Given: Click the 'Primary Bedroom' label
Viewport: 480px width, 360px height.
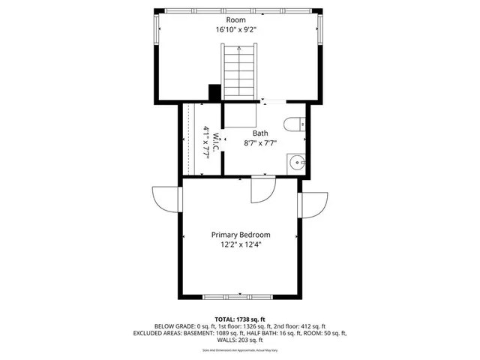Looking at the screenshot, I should point(240,234).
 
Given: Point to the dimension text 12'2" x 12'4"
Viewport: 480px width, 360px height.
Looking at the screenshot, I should point(240,244).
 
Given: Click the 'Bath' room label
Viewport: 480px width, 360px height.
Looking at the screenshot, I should point(260,133).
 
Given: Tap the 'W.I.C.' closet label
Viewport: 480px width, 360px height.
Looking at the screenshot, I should point(215,141).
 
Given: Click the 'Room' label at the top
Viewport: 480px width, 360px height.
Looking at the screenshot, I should point(238,20).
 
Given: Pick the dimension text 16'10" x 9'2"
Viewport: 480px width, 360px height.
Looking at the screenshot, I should point(238,31).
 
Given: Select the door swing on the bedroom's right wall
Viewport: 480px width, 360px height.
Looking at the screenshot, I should point(315,203).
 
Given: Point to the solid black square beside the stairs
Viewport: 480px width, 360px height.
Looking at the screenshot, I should point(214,92).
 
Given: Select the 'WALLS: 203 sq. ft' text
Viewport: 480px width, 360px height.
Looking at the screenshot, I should point(239,339).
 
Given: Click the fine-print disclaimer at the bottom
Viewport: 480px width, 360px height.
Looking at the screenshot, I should point(239,350).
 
